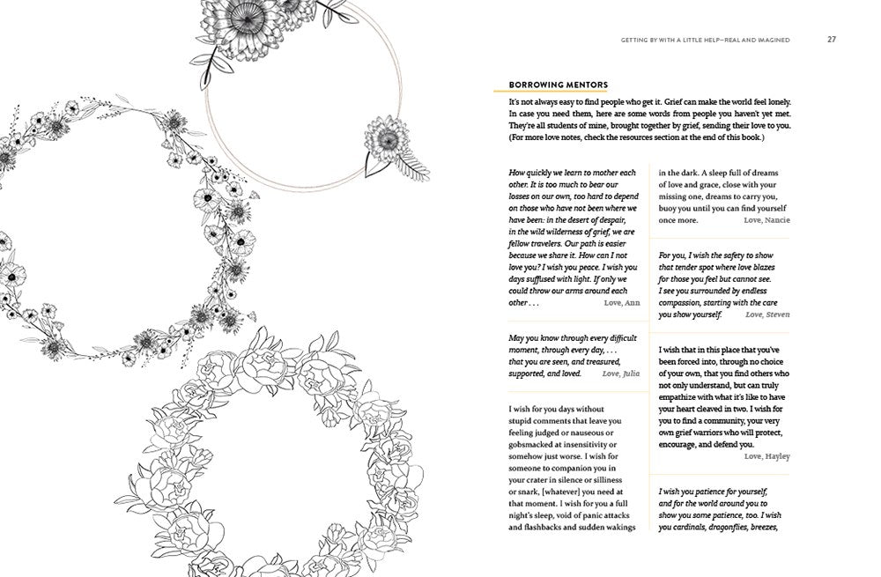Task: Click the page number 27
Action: (x=832, y=39)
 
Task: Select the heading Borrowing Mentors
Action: (x=559, y=85)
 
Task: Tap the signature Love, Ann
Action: (x=622, y=302)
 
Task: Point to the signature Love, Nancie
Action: (x=766, y=219)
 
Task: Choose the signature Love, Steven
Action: (x=767, y=314)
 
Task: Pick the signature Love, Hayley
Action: (x=766, y=456)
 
